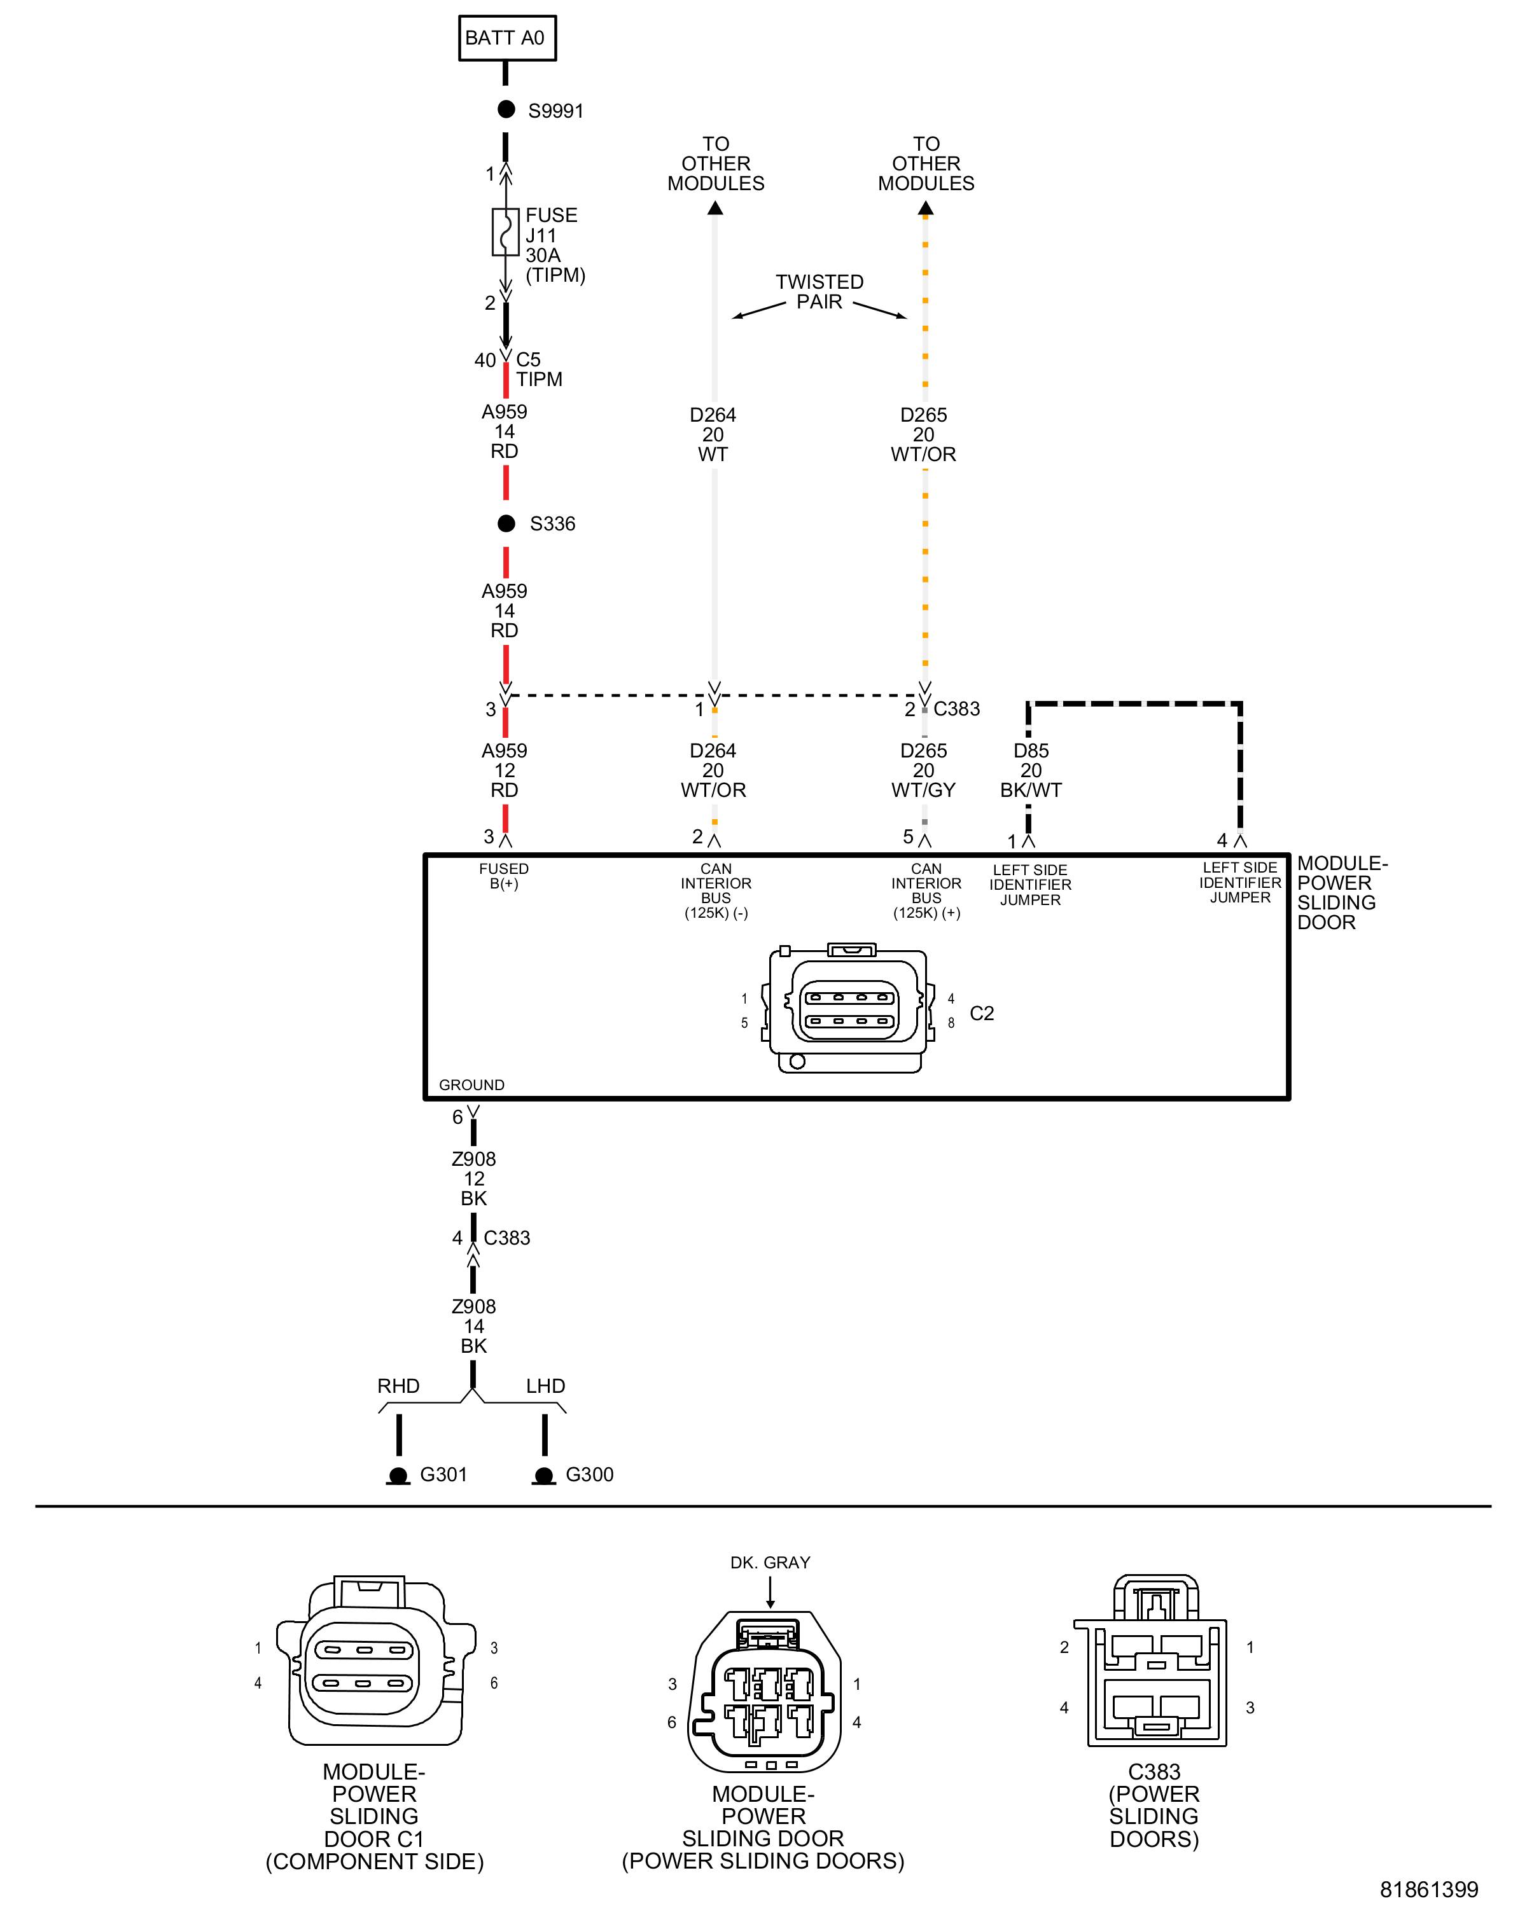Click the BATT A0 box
(506, 38)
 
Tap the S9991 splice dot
(506, 110)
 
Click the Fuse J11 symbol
(505, 233)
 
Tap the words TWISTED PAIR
(819, 292)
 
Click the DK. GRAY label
(770, 1563)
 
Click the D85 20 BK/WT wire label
(1030, 770)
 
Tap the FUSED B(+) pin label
(504, 876)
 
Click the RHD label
(398, 1386)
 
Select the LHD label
(545, 1386)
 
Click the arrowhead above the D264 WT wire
(715, 208)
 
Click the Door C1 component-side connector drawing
(375, 1664)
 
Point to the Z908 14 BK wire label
(473, 1325)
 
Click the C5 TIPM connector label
(538, 370)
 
